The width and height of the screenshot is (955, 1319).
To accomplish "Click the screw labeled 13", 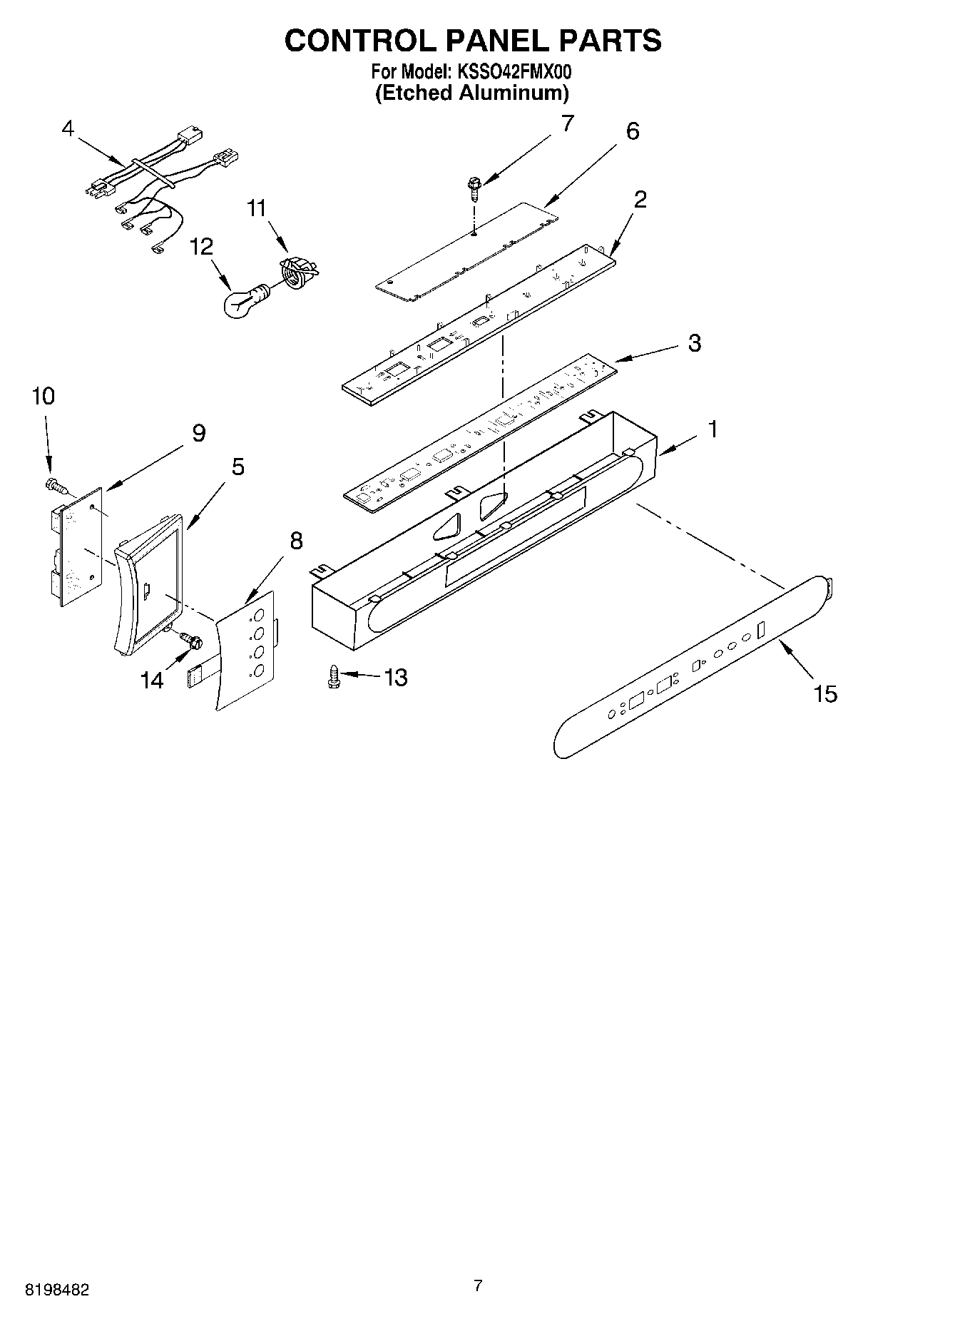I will (332, 676).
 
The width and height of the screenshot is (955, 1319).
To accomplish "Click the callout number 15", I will (825, 693).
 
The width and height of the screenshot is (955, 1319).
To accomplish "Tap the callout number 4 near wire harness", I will (68, 128).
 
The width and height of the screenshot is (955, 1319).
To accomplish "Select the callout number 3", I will (694, 343).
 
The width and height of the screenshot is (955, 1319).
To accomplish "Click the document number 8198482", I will (57, 1290).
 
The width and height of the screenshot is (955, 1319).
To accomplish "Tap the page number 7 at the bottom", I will (478, 1286).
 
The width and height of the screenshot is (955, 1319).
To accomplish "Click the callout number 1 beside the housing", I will (712, 429).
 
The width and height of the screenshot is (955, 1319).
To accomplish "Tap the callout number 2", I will (640, 200).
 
